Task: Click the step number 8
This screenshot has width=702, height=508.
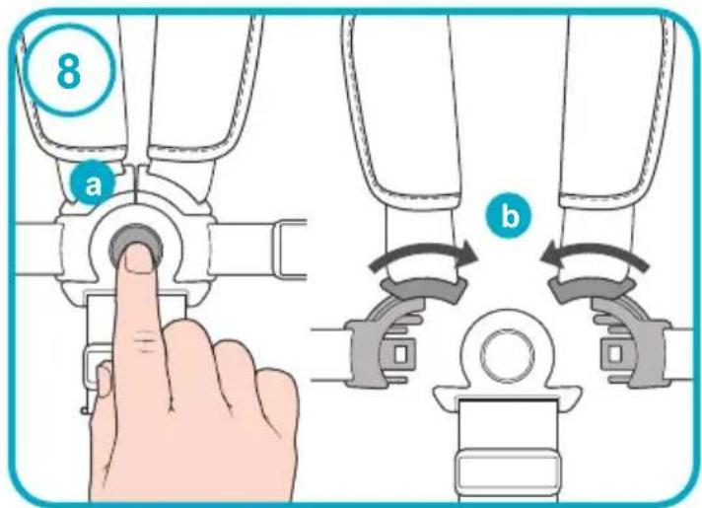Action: tap(69, 72)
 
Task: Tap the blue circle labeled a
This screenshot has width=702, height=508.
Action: tap(93, 182)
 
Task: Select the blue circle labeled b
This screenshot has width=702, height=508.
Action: tap(509, 215)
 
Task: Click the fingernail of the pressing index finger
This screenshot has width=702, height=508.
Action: tap(139, 259)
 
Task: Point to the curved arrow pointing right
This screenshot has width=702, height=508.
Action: tap(423, 254)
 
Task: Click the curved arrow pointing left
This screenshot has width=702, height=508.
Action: tap(595, 254)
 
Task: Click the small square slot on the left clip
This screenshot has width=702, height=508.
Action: tap(400, 354)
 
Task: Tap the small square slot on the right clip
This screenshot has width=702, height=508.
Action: tap(615, 354)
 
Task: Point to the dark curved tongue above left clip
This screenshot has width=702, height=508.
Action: tap(423, 288)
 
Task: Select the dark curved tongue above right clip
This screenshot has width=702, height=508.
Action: tap(592, 289)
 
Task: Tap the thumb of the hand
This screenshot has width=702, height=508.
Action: tap(104, 380)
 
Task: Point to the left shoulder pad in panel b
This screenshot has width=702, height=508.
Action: tap(405, 108)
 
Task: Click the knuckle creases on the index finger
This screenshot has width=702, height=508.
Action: tap(143, 339)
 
